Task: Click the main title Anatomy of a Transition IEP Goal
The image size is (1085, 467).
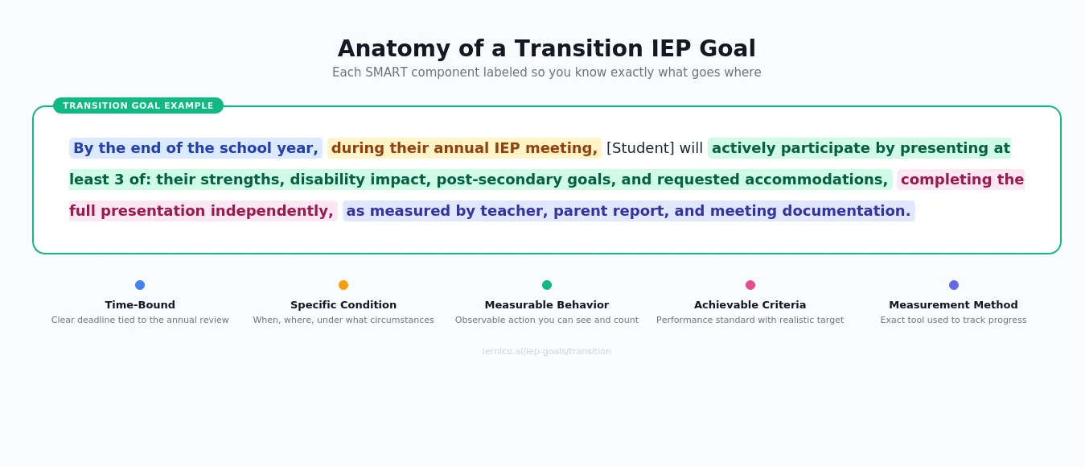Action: click(546, 49)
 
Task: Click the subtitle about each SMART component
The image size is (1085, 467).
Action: click(546, 72)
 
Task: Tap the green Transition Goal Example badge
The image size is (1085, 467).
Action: click(138, 105)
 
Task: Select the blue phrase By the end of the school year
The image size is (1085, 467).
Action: click(195, 148)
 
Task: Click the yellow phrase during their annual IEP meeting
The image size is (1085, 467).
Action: click(464, 148)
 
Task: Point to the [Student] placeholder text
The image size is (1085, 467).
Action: click(640, 148)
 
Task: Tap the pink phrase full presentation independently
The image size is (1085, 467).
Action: click(201, 211)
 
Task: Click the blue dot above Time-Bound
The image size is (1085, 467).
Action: click(140, 285)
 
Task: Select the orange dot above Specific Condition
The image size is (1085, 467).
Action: click(343, 285)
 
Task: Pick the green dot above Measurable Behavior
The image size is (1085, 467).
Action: click(547, 285)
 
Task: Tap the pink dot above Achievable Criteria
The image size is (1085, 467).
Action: click(750, 285)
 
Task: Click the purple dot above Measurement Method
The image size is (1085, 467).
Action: click(954, 285)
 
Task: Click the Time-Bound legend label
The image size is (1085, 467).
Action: click(140, 305)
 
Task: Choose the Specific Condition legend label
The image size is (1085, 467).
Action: click(343, 305)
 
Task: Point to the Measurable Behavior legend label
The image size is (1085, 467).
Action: click(547, 305)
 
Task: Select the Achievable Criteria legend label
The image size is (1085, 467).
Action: click(750, 305)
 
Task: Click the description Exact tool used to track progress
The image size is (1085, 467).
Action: click(953, 320)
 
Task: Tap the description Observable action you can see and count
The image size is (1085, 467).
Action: click(547, 320)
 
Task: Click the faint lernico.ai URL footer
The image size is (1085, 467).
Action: click(546, 352)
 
